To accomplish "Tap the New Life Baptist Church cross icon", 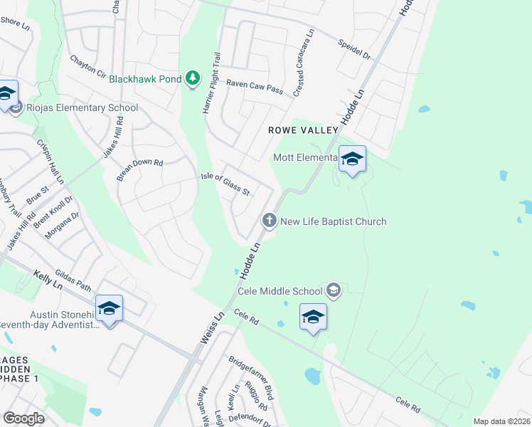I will (x=270, y=221).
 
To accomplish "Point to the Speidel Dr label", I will (x=356, y=49).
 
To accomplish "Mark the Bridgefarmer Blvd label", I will (x=250, y=377).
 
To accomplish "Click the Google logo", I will (x=23, y=418).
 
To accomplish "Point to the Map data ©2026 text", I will (x=501, y=421).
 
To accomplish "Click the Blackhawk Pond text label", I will (x=146, y=79).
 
